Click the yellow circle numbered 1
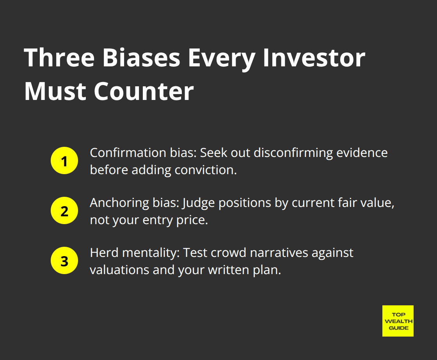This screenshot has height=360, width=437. click(x=64, y=161)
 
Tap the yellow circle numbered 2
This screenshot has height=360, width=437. click(x=64, y=211)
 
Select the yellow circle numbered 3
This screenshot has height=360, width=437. click(x=64, y=261)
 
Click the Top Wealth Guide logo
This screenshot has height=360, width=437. click(x=398, y=321)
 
